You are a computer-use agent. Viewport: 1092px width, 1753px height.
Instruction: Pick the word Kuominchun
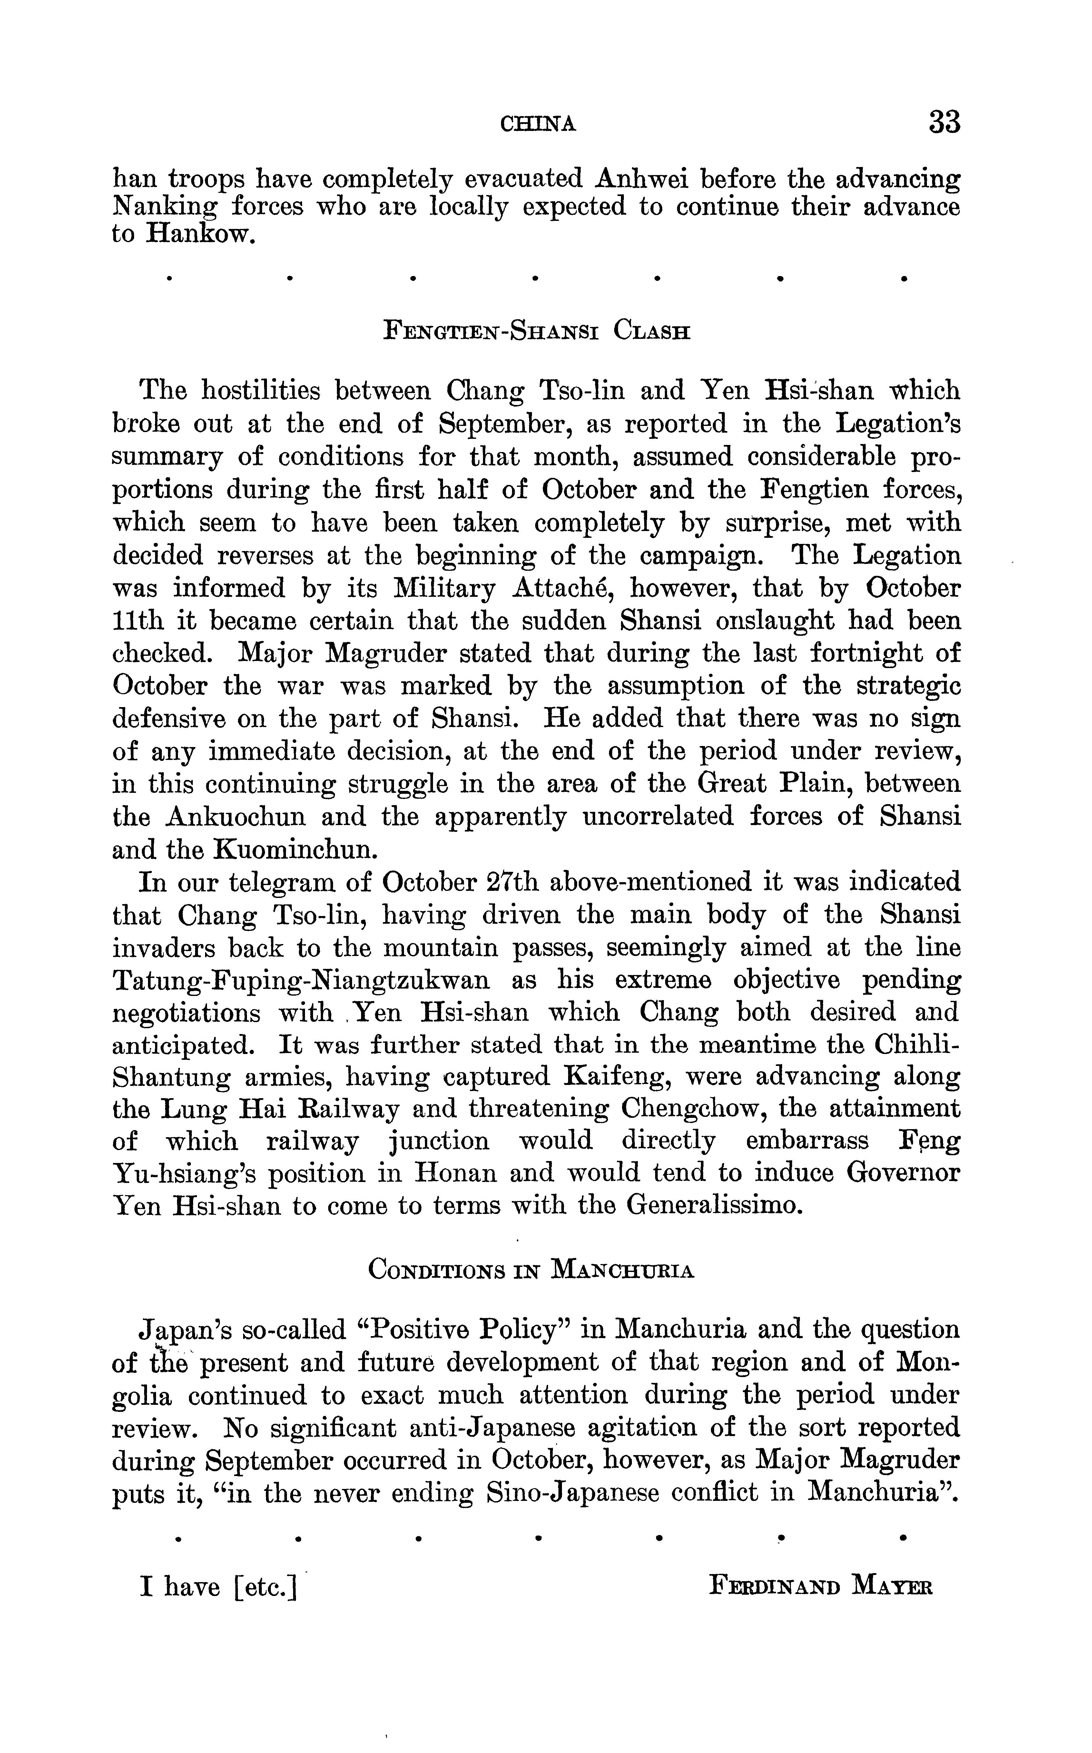(x=295, y=849)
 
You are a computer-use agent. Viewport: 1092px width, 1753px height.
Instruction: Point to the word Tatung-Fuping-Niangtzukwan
(x=301, y=981)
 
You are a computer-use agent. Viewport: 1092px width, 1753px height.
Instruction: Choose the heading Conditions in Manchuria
(x=531, y=1269)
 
